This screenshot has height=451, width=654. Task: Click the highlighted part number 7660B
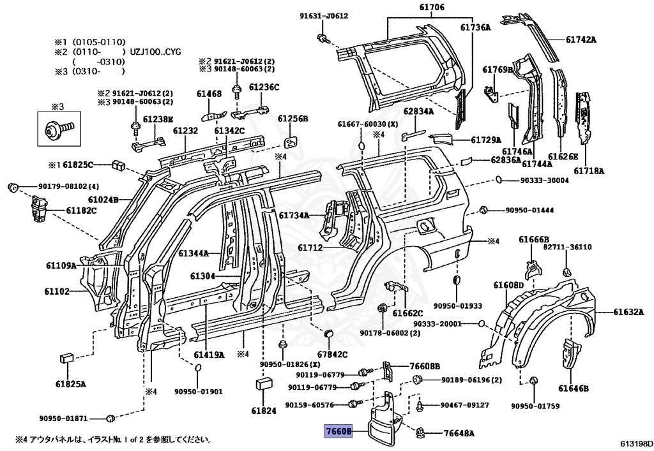coord(338,431)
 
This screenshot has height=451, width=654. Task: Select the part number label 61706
coord(431,7)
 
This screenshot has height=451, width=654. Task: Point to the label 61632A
coord(628,311)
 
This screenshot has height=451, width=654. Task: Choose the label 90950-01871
coord(64,418)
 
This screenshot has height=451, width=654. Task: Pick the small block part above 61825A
coord(66,357)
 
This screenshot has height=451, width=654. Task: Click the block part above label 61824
coord(264,383)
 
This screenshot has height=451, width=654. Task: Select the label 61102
coord(57,292)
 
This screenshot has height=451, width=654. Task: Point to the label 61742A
coord(581,40)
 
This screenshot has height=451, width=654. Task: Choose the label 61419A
coord(209,355)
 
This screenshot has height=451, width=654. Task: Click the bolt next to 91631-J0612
coord(323,38)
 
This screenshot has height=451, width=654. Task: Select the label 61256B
coord(293,119)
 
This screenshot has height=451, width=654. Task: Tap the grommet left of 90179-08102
coord(13,188)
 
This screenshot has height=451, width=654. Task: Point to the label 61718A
coord(589,171)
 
